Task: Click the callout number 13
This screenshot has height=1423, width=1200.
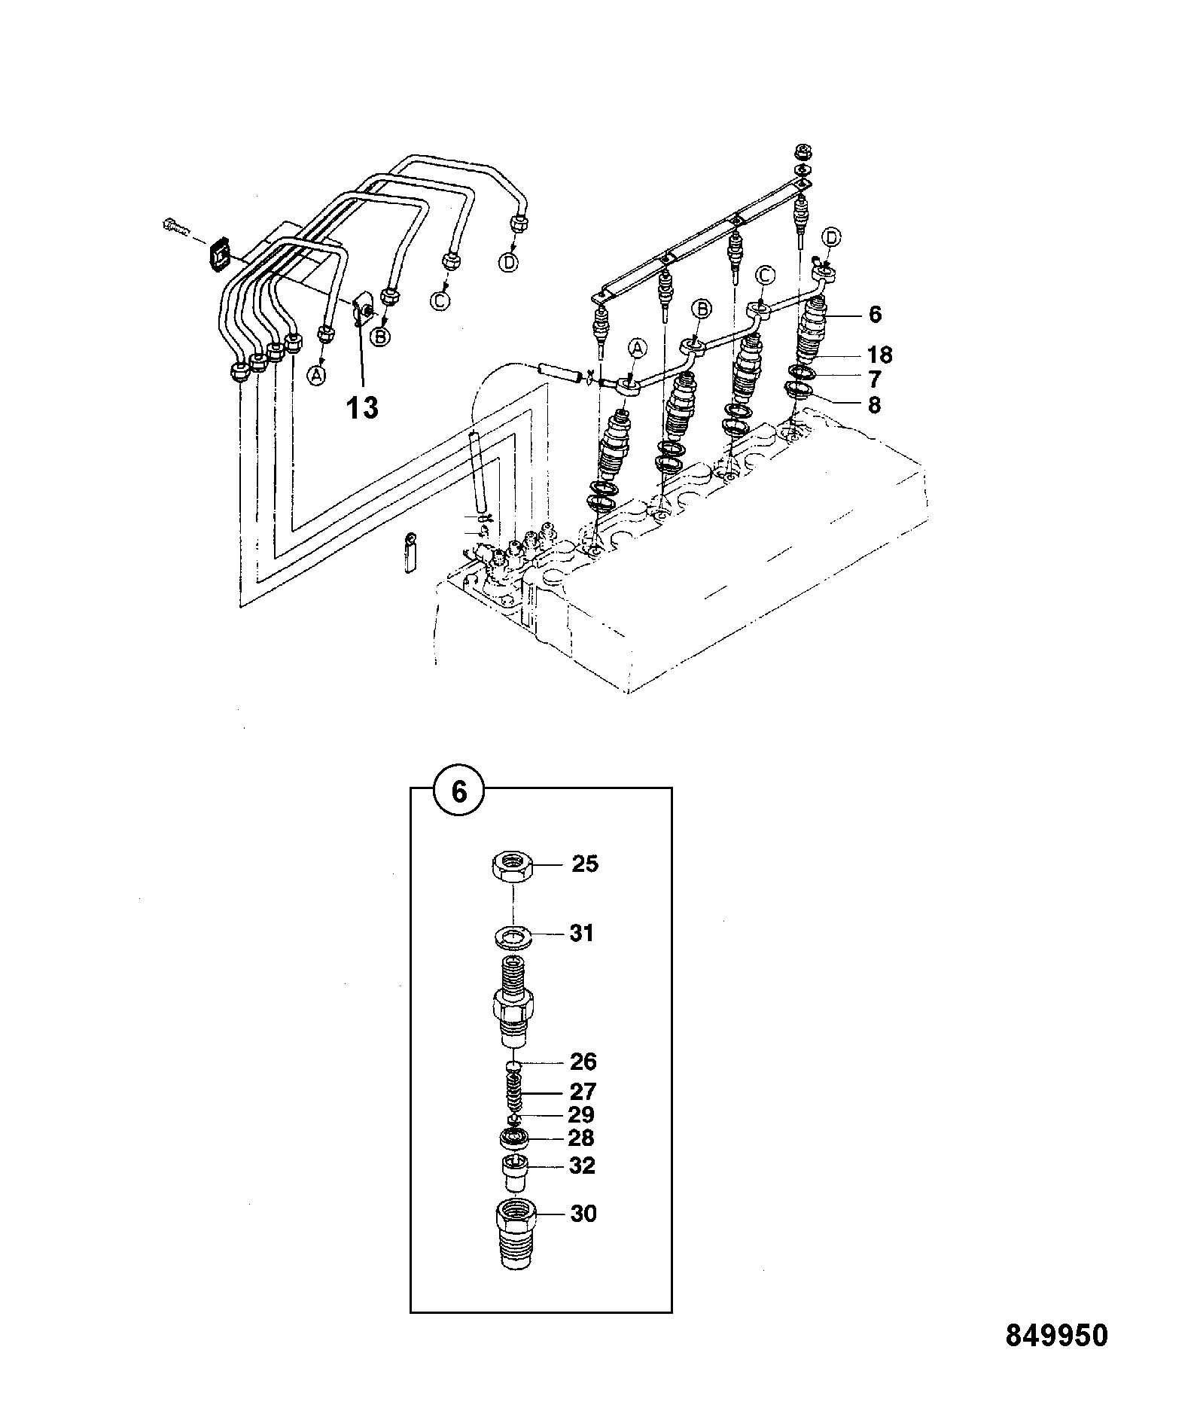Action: [362, 408]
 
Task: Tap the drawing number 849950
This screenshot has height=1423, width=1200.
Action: [1057, 1336]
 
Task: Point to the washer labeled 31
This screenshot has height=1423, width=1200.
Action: [514, 937]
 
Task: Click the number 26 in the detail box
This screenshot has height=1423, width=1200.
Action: [583, 1062]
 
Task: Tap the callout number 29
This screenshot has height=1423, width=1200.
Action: [581, 1114]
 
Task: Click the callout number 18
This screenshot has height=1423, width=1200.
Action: [879, 354]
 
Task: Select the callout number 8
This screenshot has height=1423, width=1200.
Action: [873, 405]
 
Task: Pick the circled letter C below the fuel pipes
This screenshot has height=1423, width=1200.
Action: [440, 300]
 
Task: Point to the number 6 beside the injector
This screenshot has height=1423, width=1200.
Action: [874, 314]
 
